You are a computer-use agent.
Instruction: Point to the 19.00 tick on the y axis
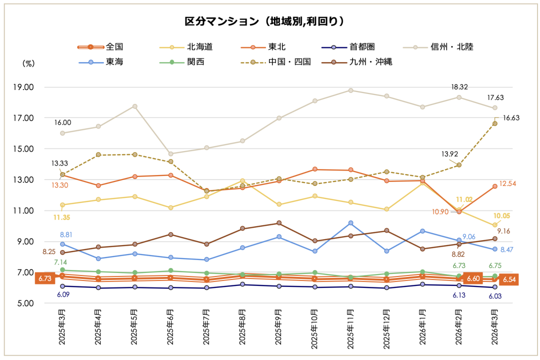coord(23,87)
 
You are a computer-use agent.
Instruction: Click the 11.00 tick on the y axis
coord(23,210)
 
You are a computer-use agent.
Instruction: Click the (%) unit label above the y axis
coord(28,63)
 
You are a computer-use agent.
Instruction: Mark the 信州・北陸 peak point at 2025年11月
coord(350,90)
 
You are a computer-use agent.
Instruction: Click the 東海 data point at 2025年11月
coord(350,223)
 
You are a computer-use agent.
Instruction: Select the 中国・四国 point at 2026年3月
coord(495,123)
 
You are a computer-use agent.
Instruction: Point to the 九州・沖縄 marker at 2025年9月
coord(278,223)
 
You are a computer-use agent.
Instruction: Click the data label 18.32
coord(458,87)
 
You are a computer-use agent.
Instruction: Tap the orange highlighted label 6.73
coord(44,278)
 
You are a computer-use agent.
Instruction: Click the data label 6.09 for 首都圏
coord(62,295)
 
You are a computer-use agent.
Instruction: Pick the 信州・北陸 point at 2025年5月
coord(134,106)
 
